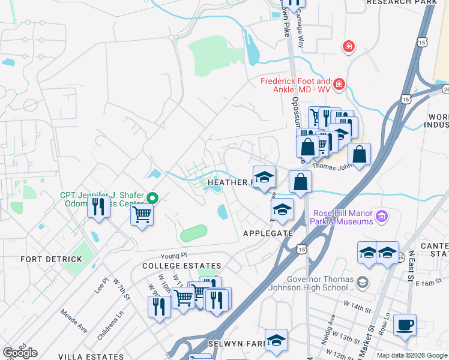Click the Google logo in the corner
pos(20,353)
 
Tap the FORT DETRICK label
pos(51,259)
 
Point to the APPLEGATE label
pos(268,233)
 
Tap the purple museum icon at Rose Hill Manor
pos(380,215)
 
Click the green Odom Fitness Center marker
pos(152,197)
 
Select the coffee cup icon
pos(405,325)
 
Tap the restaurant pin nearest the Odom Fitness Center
pos(98,207)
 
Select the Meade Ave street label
pos(73,321)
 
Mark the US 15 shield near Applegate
pos(301,248)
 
